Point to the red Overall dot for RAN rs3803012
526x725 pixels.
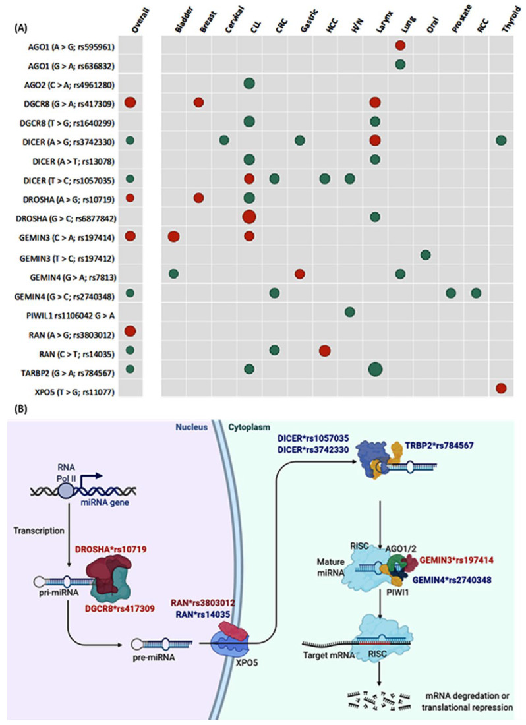(130, 332)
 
